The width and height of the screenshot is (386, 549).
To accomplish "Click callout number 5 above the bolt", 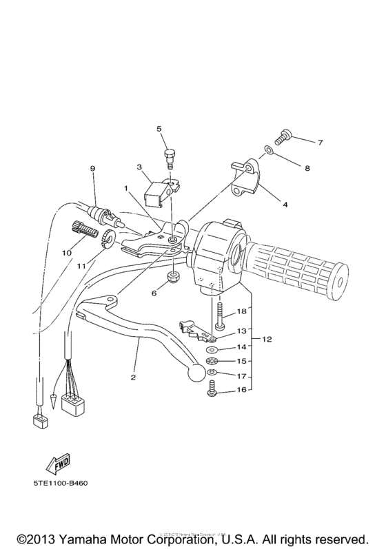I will click(159, 129).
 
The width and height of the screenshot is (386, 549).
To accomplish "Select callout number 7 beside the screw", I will click(320, 143).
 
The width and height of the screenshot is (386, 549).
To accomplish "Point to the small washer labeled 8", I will click(271, 152).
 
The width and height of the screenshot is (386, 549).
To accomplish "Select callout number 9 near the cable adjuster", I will click(91, 169).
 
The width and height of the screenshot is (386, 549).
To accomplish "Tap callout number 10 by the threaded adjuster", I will click(67, 253).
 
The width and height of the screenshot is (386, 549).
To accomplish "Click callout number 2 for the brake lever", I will click(132, 377).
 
